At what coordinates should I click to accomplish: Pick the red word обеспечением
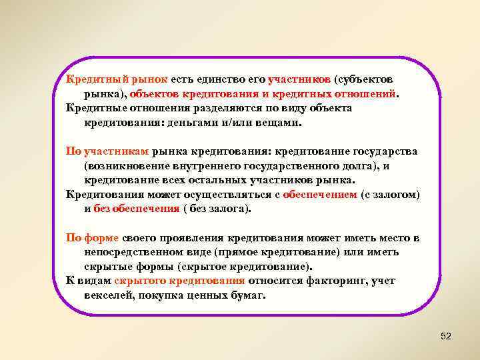tap(319, 195)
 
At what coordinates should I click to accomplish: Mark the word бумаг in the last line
tap(248, 295)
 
